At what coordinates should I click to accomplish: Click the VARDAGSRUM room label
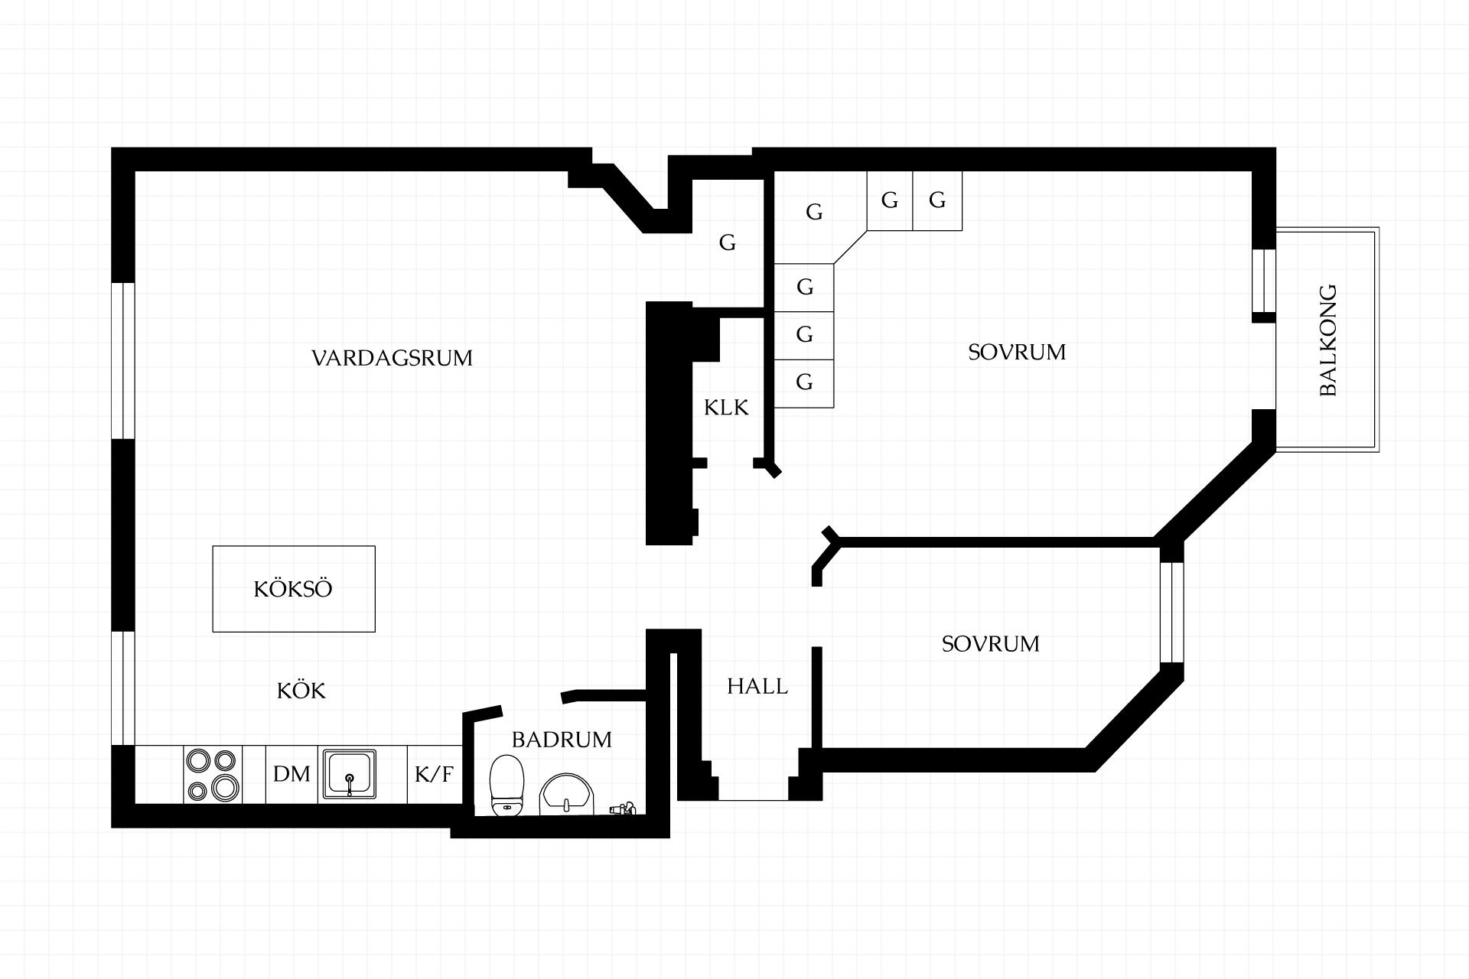coord(392,358)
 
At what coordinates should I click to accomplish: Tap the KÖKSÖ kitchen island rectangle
coord(294,589)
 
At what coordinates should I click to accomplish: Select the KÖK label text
coord(301,691)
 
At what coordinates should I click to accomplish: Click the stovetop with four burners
coord(213,775)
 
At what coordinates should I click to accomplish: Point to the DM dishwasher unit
coord(292,774)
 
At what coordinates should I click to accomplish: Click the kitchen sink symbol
coord(350,775)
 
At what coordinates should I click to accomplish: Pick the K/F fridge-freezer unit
coord(435,774)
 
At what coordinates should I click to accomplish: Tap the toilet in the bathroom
coord(506,785)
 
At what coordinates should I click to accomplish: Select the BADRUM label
coord(562,740)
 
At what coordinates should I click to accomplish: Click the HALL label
coord(757,687)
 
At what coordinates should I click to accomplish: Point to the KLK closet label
coord(726,408)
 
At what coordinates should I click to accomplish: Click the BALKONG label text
coord(1328,340)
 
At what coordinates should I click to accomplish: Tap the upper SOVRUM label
coord(1017,352)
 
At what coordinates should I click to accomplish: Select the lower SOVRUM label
coord(991,644)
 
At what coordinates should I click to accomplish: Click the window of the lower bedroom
coord(1172,613)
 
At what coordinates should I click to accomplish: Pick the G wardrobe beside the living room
coord(727,243)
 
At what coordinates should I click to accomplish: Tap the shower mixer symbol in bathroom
coord(623,808)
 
